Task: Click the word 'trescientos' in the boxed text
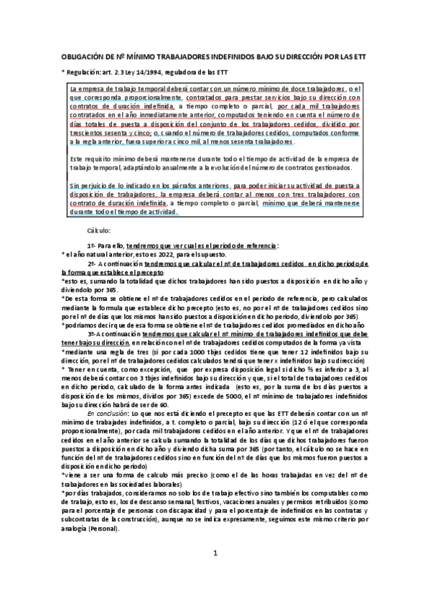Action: (x=88, y=134)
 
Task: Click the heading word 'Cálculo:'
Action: (x=98, y=231)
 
